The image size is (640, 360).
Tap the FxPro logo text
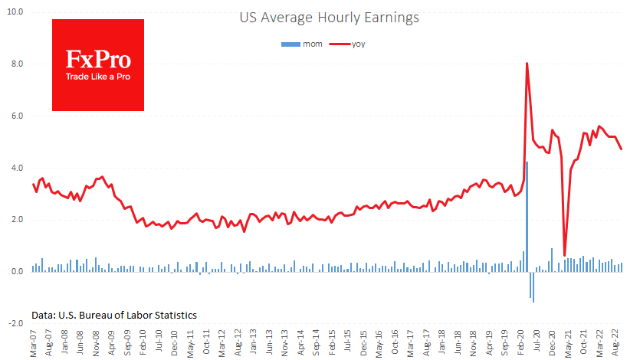click(97, 60)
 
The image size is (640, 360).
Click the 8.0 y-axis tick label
click(16, 65)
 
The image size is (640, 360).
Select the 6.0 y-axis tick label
click(16, 116)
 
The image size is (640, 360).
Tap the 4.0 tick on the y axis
click(16, 169)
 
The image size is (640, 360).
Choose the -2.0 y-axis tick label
click(15, 324)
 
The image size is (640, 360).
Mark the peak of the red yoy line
click(527, 64)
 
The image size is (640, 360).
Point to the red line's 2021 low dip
click(564, 255)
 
